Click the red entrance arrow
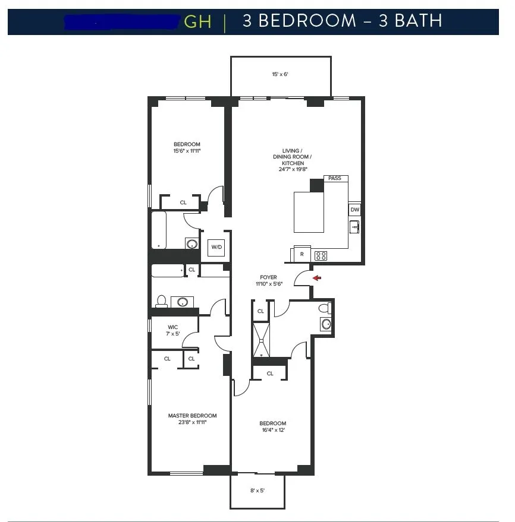point(317,277)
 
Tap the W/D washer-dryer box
point(215,248)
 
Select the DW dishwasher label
point(354,210)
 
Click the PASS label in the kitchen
point(335,178)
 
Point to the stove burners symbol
point(321,256)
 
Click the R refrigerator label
point(302,255)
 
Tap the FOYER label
point(268,277)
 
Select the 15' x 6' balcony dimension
point(280,75)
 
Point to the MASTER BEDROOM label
point(192,416)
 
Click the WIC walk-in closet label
point(172,327)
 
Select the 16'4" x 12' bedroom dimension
point(273,431)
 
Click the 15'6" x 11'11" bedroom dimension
point(187,151)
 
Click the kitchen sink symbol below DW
point(354,226)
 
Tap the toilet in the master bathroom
point(161,302)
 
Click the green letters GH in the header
point(197,22)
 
